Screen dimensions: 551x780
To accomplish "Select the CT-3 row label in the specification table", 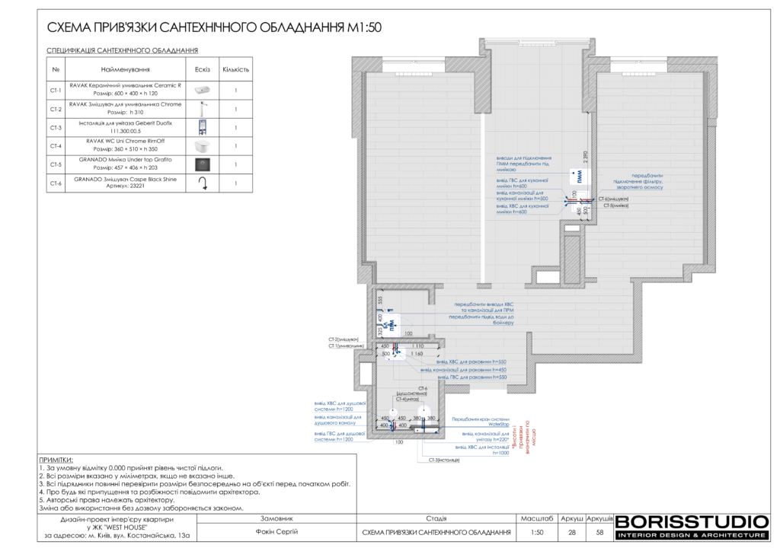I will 56,128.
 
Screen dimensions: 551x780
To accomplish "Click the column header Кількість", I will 236,69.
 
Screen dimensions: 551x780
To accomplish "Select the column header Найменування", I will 125,69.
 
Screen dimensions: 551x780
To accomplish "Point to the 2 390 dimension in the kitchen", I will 584,155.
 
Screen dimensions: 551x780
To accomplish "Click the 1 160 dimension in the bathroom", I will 417,354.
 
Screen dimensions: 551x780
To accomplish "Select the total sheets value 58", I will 599,532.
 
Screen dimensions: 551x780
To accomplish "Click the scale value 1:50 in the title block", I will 537,532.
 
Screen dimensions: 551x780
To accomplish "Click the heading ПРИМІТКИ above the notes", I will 56,460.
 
